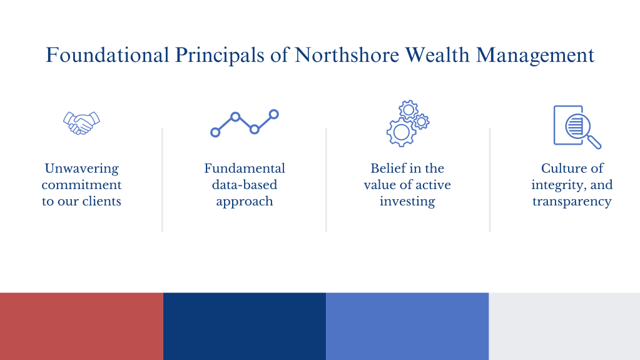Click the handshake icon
tap(81, 123)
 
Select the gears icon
tap(408, 123)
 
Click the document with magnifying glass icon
tap(577, 127)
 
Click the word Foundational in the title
tap(108, 54)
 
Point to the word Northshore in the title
tap(347, 54)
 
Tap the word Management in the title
tap(535, 56)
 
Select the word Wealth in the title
tap(437, 54)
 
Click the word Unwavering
tap(81, 168)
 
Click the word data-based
tap(245, 185)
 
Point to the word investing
tap(407, 202)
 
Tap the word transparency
tap(572, 202)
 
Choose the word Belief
tap(385, 168)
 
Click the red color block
tap(81, 326)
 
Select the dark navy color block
tap(245, 326)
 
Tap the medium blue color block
tap(407, 326)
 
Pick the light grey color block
tap(564, 326)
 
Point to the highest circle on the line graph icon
tap(274, 115)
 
